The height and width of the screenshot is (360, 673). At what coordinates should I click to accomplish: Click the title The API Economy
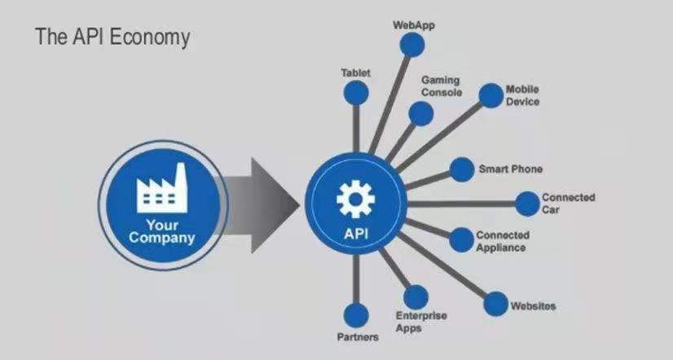(112, 37)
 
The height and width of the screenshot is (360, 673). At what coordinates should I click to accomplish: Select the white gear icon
(355, 199)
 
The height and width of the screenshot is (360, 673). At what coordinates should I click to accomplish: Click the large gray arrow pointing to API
(257, 205)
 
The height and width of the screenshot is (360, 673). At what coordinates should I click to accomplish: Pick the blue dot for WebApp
(412, 45)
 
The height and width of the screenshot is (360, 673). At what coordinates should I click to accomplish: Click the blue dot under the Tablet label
(356, 93)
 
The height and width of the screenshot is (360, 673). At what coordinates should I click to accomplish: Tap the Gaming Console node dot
(420, 114)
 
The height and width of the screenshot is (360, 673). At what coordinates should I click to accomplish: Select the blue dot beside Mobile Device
(490, 95)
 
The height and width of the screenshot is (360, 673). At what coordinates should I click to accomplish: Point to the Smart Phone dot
(462, 169)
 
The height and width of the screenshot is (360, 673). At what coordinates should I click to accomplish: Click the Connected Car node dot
(527, 204)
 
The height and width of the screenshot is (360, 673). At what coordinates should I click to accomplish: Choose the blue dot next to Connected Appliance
(461, 239)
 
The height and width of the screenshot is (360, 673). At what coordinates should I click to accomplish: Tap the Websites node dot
(495, 305)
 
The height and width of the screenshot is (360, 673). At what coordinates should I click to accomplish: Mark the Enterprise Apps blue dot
(416, 297)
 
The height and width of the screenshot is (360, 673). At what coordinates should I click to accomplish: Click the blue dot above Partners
(356, 315)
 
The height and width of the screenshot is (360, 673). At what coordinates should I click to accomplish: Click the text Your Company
(162, 231)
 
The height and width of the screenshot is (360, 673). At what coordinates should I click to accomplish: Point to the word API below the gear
(356, 234)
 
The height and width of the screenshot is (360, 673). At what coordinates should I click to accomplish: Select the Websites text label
(533, 306)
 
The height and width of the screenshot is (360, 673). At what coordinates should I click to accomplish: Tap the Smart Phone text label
(511, 169)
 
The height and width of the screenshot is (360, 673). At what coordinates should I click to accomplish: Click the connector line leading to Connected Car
(461, 204)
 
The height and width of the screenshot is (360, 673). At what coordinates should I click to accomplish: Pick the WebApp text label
(414, 25)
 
